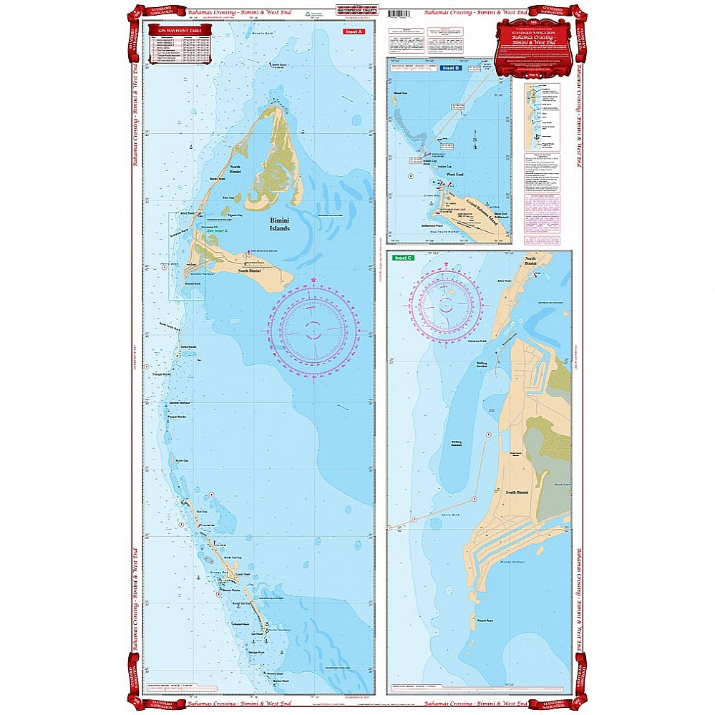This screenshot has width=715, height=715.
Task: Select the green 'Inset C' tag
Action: point(404,258)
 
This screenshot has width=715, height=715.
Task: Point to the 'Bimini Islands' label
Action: point(279,225)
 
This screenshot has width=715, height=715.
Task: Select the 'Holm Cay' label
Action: point(182,461)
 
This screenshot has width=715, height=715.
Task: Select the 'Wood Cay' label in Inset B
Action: point(401,93)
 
